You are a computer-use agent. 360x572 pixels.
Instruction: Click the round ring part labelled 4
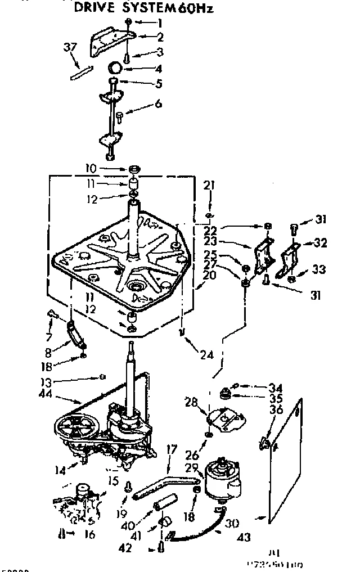(x=116, y=68)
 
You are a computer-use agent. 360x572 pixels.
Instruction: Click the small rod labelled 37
(x=79, y=73)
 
